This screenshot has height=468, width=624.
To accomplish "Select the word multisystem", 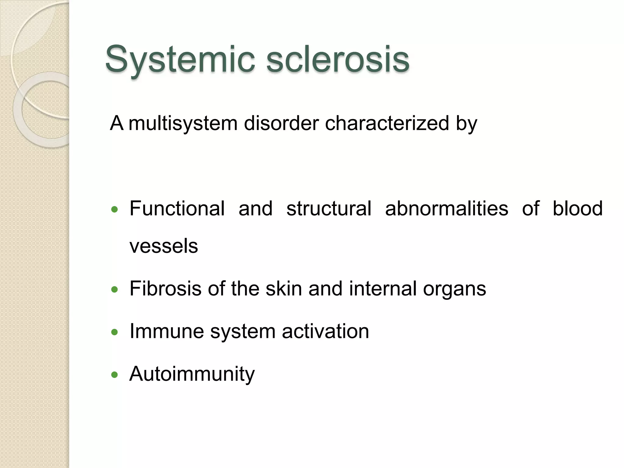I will click(183, 124).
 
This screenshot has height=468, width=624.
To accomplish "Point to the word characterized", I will click(387, 123).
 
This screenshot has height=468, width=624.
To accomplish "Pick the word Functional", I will click(177, 209).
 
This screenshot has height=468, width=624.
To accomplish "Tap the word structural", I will click(329, 209).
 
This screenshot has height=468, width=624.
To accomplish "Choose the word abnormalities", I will click(447, 209).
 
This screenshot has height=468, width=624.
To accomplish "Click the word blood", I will click(578, 209).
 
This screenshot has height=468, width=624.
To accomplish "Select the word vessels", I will click(164, 246).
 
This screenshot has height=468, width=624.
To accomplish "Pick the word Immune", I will click(167, 331).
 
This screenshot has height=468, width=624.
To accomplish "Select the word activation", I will click(325, 331).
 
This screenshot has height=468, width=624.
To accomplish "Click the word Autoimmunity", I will click(192, 374).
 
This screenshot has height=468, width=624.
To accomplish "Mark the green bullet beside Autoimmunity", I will click(115, 374).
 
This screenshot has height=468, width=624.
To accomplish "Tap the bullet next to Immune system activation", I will click(115, 332).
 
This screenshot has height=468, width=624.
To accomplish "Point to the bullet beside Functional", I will click(115, 209).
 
